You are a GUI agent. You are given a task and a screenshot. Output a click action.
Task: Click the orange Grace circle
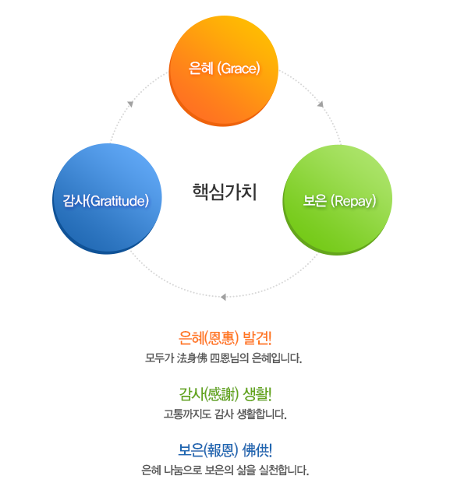(x=224, y=71)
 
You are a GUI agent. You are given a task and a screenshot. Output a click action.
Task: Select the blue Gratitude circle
(x=107, y=199)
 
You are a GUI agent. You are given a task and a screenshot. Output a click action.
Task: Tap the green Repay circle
(x=338, y=199)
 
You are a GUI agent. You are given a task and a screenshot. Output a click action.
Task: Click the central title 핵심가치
(x=225, y=192)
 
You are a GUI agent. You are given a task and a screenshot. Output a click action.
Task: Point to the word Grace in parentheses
(x=239, y=69)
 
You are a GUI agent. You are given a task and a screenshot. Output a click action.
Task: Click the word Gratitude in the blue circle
(x=118, y=201)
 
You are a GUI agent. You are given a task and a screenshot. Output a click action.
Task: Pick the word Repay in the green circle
(x=353, y=201)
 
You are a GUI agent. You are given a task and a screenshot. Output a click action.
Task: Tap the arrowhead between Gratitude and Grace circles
(x=130, y=104)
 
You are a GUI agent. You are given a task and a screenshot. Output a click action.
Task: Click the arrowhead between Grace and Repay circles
(x=321, y=104)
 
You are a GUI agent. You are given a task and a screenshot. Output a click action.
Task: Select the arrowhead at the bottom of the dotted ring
(x=223, y=297)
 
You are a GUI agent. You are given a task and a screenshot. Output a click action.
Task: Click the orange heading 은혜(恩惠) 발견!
(x=225, y=338)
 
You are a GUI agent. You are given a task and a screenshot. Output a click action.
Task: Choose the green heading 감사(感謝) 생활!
(x=225, y=394)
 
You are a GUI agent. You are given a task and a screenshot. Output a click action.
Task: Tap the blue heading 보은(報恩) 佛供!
(x=225, y=450)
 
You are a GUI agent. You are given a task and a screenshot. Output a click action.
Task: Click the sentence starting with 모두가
(x=223, y=358)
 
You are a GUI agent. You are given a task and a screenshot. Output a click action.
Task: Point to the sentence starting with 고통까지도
(x=225, y=414)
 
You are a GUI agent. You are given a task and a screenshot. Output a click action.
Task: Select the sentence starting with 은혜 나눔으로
(x=225, y=471)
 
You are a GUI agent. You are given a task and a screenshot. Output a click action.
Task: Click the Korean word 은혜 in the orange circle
(x=201, y=69)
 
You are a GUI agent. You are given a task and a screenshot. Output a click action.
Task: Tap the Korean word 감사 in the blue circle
(x=75, y=201)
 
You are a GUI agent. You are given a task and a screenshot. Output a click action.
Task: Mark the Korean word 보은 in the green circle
(x=315, y=201)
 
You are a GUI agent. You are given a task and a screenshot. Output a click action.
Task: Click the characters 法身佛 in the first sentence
(x=192, y=358)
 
